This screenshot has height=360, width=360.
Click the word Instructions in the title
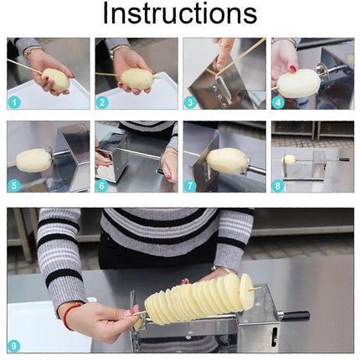pyautogui.click(x=179, y=14)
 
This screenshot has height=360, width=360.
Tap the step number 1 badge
pyautogui.click(x=14, y=102)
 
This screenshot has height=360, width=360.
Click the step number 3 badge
pyautogui.click(x=190, y=102)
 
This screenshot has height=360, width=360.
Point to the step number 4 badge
pyautogui.click(x=278, y=102)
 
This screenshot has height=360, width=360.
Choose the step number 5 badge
pyautogui.click(x=14, y=186)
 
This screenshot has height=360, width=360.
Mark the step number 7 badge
pyautogui.click(x=190, y=186)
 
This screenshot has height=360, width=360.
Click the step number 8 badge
pyautogui.click(x=278, y=186)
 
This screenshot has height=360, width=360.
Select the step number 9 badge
pyautogui.click(x=14, y=345)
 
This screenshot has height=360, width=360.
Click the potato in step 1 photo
pyautogui.click(x=55, y=80)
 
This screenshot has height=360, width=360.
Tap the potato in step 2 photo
pyautogui.click(x=136, y=79)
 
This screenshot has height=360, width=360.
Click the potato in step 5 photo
pyautogui.click(x=33, y=159)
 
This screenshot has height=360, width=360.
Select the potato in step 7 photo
pyautogui.click(x=227, y=160)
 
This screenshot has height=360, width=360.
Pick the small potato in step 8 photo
pyautogui.click(x=289, y=159)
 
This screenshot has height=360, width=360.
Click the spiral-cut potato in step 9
pyautogui.click(x=197, y=301)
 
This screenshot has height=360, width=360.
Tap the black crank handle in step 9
pyautogui.click(x=295, y=316)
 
